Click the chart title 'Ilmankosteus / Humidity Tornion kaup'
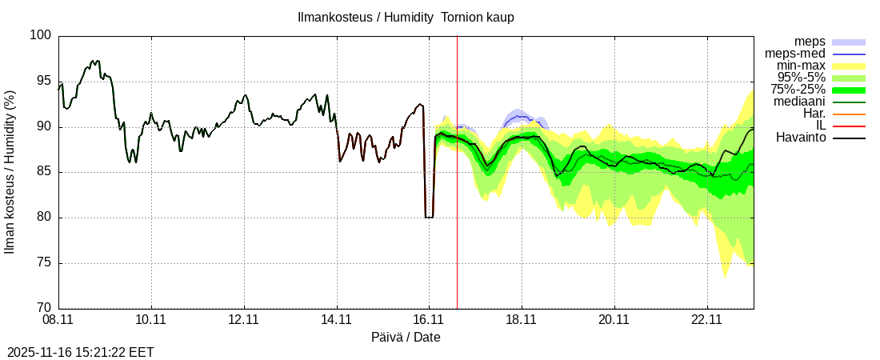tap(406, 17)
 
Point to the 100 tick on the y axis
tap(42, 36)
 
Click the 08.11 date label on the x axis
tap(58, 320)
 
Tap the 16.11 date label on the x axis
tap(429, 320)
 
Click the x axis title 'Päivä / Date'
tap(406, 337)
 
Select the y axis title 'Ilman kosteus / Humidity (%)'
tap(10, 172)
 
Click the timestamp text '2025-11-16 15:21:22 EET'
tap(81, 352)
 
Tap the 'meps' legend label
tap(810, 42)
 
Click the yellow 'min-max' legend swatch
tap(849, 66)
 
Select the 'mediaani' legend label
tap(800, 102)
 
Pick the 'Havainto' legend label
tap(801, 138)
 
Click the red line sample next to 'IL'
tap(849, 126)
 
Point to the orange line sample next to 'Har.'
tap(849, 114)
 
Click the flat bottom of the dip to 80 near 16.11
tap(429, 217)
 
